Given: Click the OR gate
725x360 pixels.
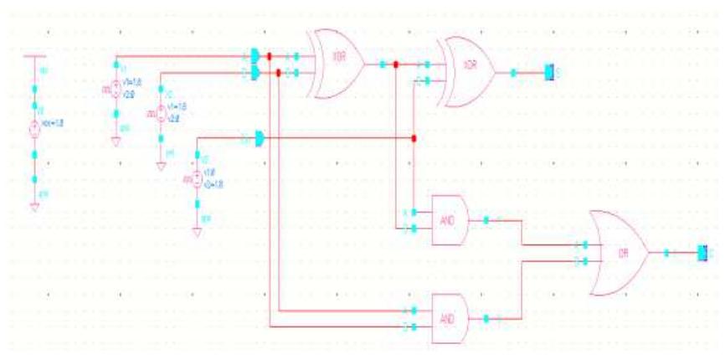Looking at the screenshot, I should pyautogui.click(x=618, y=251).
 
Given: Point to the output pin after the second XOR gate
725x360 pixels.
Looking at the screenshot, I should pyautogui.click(x=549, y=73).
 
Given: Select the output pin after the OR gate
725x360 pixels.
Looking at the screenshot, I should pyautogui.click(x=704, y=252).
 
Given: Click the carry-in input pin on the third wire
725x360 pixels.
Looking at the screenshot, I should pyautogui.click(x=260, y=137).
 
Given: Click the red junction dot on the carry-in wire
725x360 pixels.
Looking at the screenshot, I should pyautogui.click(x=414, y=137).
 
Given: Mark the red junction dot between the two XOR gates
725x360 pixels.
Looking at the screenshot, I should pyautogui.click(x=396, y=64).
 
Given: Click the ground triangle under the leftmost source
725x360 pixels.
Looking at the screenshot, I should pyautogui.click(x=34, y=206).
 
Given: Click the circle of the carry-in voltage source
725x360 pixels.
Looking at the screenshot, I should pyautogui.click(x=198, y=179).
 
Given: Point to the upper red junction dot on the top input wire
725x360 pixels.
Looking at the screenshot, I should pyautogui.click(x=269, y=57).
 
